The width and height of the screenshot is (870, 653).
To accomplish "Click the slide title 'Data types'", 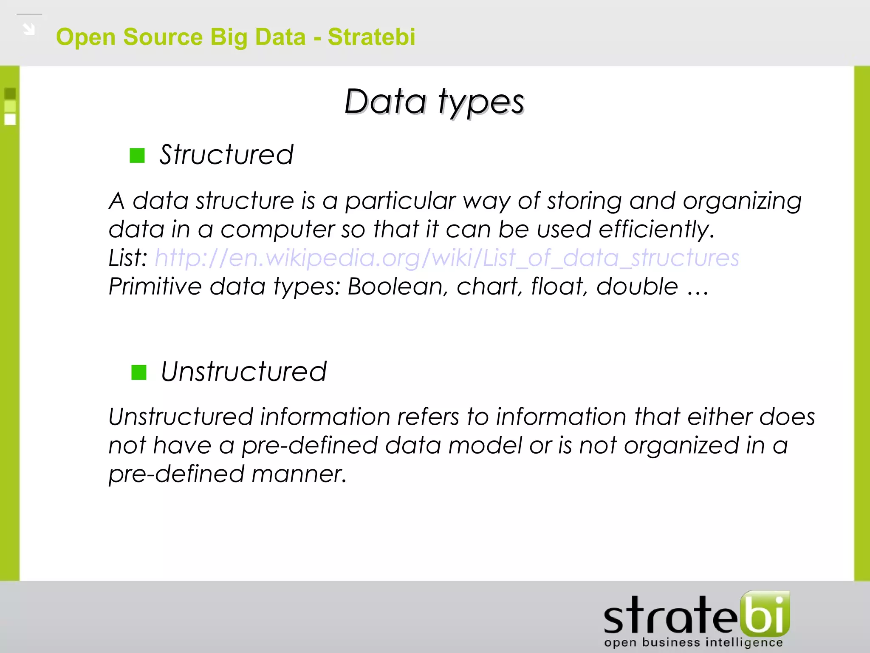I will pos(434,102).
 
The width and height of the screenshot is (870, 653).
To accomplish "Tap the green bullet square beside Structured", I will pos(137,156).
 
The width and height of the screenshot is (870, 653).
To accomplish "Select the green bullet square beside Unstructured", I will pos(139,372).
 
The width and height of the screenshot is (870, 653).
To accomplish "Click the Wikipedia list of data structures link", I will pos(447,258).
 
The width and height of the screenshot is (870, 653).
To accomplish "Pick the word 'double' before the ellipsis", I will pos(637,287).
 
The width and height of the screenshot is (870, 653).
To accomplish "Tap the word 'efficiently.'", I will pos(656,230).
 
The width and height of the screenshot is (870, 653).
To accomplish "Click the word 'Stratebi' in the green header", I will pos(371,37).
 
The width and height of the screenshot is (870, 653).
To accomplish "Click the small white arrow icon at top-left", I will pos(29,29).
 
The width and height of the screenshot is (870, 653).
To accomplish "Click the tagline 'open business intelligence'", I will pos(693,642).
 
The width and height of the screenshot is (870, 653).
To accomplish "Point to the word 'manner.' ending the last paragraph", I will pos(299,474).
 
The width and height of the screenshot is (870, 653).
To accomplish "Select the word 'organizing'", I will pos(742,201).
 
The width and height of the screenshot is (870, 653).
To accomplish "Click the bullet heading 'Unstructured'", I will pos(243,372).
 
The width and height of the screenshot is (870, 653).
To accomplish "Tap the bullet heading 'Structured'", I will pos(226,155).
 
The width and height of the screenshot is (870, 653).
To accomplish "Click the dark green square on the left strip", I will pos(10,94).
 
